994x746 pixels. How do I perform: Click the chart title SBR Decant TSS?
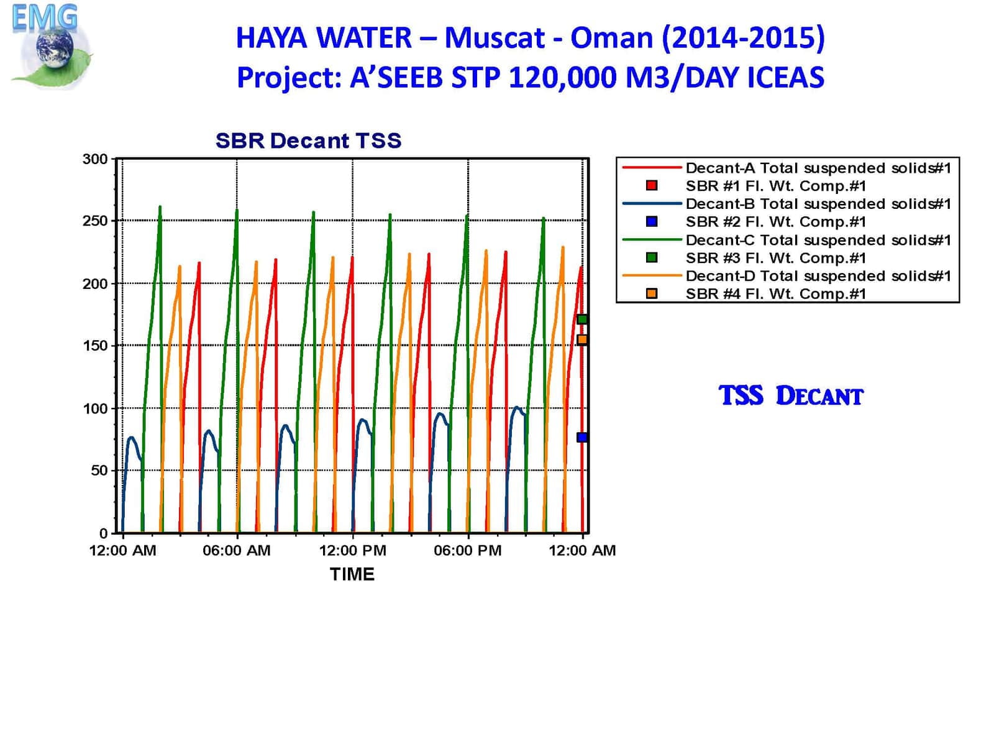pyautogui.click(x=308, y=140)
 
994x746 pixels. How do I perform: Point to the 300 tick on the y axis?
pyautogui.click(x=95, y=159)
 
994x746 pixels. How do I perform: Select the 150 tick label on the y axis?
pyautogui.click(x=95, y=346)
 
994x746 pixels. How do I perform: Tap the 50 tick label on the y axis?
pyautogui.click(x=99, y=471)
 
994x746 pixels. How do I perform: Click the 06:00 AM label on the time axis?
pyautogui.click(x=237, y=550)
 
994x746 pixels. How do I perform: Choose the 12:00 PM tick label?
pyautogui.click(x=352, y=550)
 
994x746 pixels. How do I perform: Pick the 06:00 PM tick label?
pyautogui.click(x=468, y=550)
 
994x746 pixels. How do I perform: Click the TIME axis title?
pyautogui.click(x=352, y=574)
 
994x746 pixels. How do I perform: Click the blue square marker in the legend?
pyautogui.click(x=652, y=221)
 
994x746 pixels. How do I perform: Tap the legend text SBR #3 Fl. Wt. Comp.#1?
pyautogui.click(x=775, y=257)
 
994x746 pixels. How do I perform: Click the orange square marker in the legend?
pyautogui.click(x=652, y=293)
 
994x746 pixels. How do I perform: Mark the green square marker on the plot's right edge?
pyautogui.click(x=582, y=319)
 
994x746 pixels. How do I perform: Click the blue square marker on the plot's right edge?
pyautogui.click(x=582, y=437)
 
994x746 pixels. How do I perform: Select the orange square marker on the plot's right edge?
pyautogui.click(x=582, y=339)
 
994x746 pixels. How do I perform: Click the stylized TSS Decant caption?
pyautogui.click(x=791, y=396)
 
